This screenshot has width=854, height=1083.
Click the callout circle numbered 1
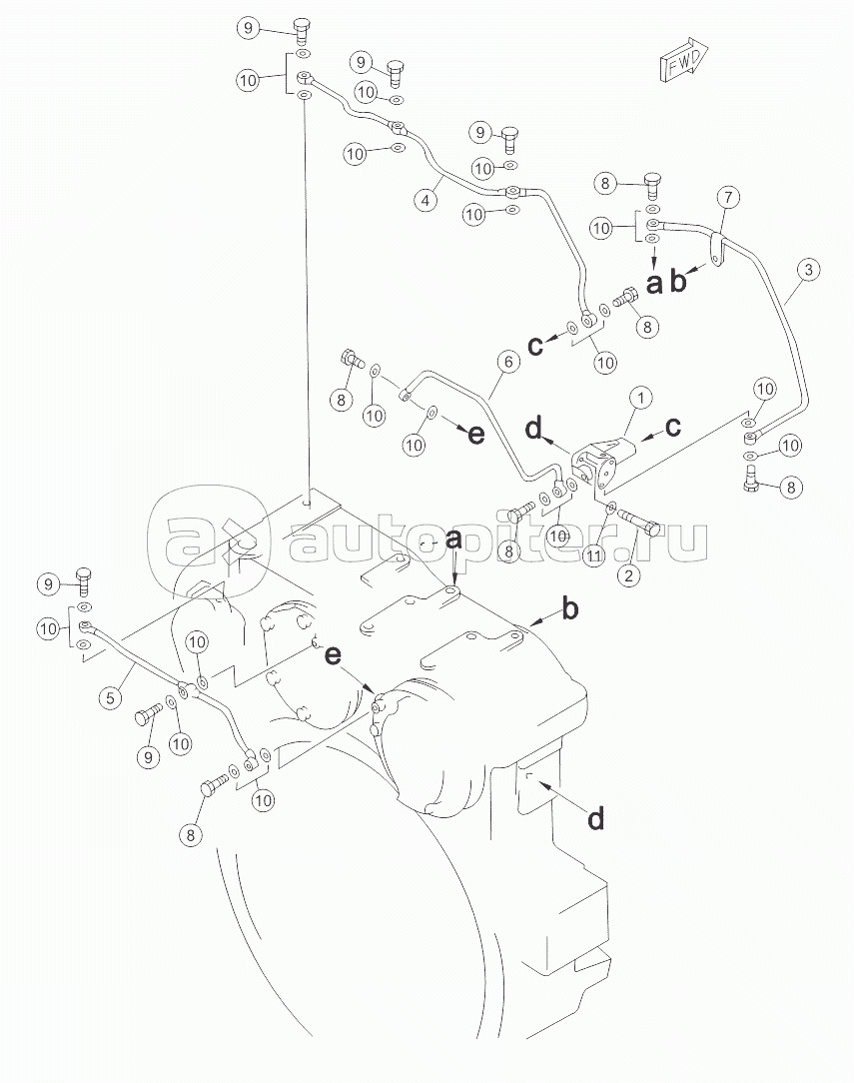click(640, 398)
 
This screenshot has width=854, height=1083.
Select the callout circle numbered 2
click(629, 574)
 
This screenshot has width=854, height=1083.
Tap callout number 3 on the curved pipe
click(808, 268)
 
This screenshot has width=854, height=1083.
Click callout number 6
click(506, 363)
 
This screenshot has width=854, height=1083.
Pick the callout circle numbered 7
click(726, 197)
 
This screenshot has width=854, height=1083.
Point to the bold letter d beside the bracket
click(533, 430)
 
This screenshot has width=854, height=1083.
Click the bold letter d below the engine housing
click(595, 818)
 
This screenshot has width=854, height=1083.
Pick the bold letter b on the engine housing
click(568, 608)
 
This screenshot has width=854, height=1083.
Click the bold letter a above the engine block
click(454, 539)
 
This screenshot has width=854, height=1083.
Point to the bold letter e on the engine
click(333, 655)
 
